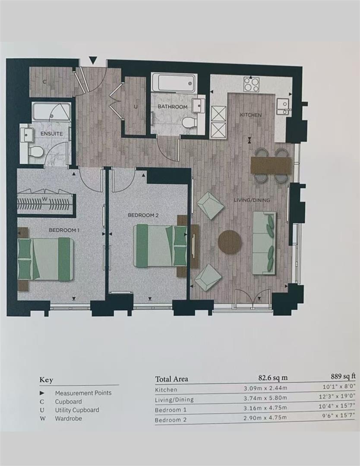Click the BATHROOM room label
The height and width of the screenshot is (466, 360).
pos(172,107)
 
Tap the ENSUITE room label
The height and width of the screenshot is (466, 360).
pos(51,134)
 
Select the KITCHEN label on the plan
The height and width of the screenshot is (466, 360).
pos(251,115)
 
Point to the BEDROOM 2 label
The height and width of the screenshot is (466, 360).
pos(143,215)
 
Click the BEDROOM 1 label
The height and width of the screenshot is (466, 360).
pos(64,230)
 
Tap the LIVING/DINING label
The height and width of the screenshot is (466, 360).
pos(252,200)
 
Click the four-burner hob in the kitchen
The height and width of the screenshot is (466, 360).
pos(252,84)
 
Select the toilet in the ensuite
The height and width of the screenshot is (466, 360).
pos(36,152)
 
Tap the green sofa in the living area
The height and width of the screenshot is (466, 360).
pos(264,243)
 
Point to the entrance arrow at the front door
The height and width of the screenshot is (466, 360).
pos(93,61)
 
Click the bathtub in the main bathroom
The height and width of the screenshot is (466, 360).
pos(174,82)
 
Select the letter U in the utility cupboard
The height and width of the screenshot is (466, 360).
pos(136,107)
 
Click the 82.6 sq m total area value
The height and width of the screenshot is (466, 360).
pos(273,378)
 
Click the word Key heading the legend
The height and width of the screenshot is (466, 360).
pos(46,380)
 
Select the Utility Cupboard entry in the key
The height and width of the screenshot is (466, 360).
pos(77,410)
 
